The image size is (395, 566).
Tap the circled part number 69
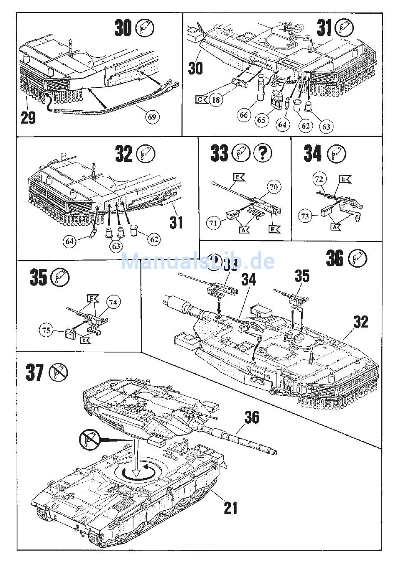tap(152, 117)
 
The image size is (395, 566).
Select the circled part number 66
tap(244, 115)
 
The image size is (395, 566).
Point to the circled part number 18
tap(216, 100)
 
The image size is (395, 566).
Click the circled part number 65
tap(261, 120)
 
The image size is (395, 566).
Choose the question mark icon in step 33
tap(262, 154)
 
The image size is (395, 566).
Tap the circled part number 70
tap(273, 188)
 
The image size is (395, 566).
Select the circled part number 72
tap(319, 179)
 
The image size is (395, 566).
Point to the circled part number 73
tap(306, 216)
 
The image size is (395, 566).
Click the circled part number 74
tap(113, 303)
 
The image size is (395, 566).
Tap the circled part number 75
tap(47, 330)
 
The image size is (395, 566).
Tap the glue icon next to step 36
tap(358, 259)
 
